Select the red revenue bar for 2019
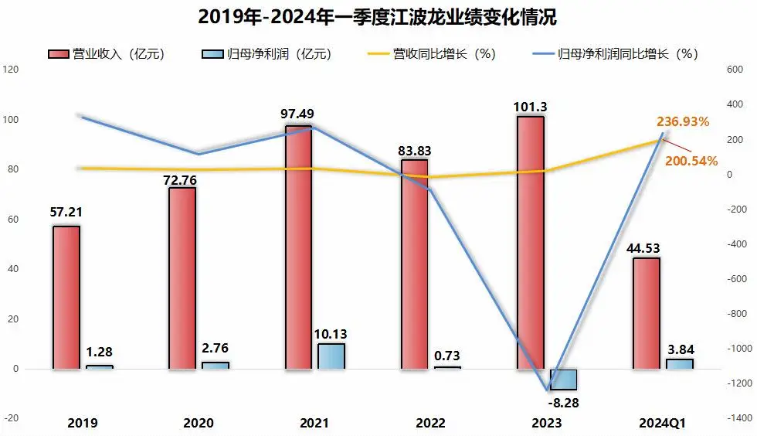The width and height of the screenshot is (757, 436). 66,297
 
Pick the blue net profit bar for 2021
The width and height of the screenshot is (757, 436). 331,356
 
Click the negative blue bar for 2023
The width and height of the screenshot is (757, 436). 563,379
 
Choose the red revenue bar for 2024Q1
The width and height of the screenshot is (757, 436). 646,313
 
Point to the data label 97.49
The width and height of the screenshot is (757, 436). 297,114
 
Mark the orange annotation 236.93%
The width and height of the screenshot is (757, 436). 683,121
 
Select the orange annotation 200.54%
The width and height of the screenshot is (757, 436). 692,161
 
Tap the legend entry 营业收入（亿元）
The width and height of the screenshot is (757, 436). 107,54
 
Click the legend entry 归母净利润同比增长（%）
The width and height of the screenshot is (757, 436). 616,54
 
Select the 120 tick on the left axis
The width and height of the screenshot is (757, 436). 11,70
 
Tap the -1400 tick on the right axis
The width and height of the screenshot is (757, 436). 741,418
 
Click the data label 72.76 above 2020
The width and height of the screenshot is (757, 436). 182,180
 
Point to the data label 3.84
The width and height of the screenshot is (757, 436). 679,349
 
